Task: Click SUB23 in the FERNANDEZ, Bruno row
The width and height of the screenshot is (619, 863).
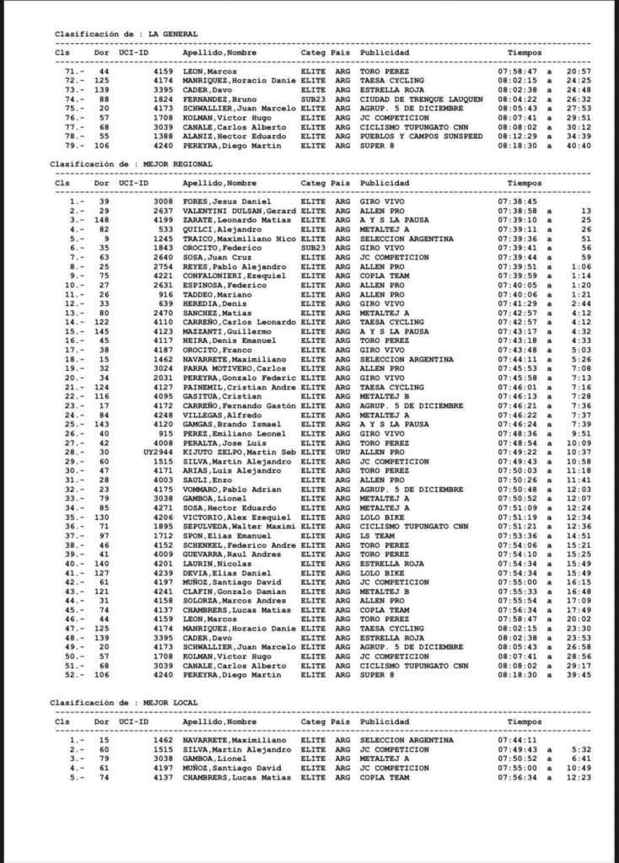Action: tap(313, 99)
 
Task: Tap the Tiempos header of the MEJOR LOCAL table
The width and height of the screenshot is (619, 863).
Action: tap(525, 721)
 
